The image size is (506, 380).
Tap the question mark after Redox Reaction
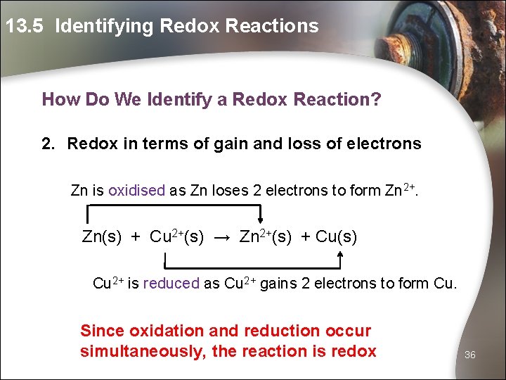pyautogui.click(x=376, y=99)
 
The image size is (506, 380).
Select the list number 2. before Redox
pyautogui.click(x=48, y=144)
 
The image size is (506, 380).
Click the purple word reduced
pyautogui.click(x=171, y=284)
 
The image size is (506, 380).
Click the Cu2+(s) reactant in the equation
pyautogui.click(x=176, y=237)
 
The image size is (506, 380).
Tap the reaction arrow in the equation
pyautogui.click(x=221, y=238)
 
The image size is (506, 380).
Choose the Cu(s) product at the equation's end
pyautogui.click(x=337, y=237)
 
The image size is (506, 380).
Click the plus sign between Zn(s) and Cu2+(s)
pyautogui.click(x=136, y=238)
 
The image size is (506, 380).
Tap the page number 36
pyautogui.click(x=470, y=355)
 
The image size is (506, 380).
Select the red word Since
pyautogui.click(x=102, y=331)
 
